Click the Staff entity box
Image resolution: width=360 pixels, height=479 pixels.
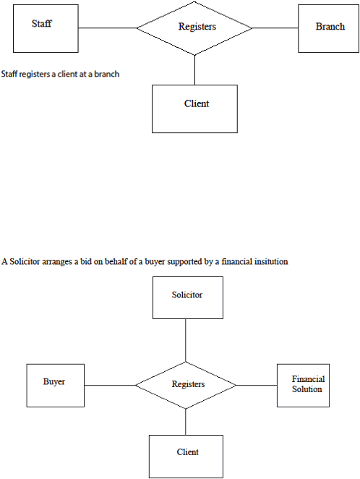(46, 28)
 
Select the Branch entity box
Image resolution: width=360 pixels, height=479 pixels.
(329, 28)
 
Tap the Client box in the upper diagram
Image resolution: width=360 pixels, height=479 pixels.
(194, 109)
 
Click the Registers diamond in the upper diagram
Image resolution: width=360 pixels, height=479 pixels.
(194, 28)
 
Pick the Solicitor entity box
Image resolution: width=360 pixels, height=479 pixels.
(188, 298)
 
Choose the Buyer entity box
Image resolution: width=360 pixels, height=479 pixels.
(56, 385)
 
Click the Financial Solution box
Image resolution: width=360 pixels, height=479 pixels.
(304, 385)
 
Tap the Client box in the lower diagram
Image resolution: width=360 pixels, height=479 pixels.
(186, 457)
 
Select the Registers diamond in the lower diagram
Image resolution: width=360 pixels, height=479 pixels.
(186, 385)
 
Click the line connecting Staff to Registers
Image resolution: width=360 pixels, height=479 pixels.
(108, 28)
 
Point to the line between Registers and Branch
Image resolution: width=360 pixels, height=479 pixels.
(275, 28)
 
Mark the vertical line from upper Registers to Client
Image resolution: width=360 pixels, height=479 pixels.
(194, 70)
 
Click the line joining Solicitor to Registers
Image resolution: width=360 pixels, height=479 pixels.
(186, 340)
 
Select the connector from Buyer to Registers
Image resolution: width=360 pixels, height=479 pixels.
(110, 385)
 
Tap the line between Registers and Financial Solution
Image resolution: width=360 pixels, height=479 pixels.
(257, 385)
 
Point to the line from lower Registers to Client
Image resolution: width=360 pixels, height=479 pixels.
(186, 422)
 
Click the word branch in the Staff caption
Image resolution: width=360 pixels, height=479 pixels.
(107, 75)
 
